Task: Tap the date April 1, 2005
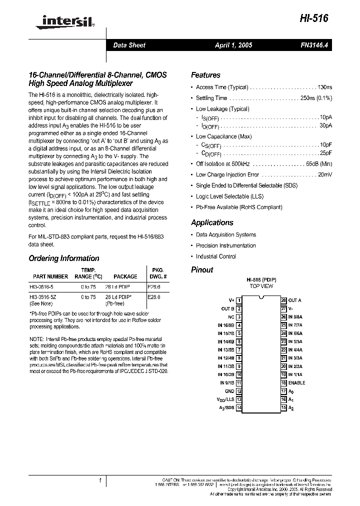click(x=233, y=45)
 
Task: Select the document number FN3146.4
click(x=311, y=45)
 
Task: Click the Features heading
click(x=205, y=75)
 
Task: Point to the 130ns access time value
click(x=325, y=87)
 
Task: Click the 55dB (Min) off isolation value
click(x=319, y=163)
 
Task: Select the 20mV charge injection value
click(x=325, y=174)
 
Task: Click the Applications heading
click(x=212, y=222)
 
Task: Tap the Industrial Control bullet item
click(x=215, y=256)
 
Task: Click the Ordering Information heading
click(x=63, y=258)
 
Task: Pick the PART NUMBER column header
click(x=50, y=276)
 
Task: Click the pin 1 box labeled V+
click(x=239, y=300)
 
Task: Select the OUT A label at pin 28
click(x=294, y=300)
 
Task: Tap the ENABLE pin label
click(x=296, y=382)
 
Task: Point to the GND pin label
click(x=229, y=391)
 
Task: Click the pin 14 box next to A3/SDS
click(x=239, y=407)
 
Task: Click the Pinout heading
click(x=202, y=269)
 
